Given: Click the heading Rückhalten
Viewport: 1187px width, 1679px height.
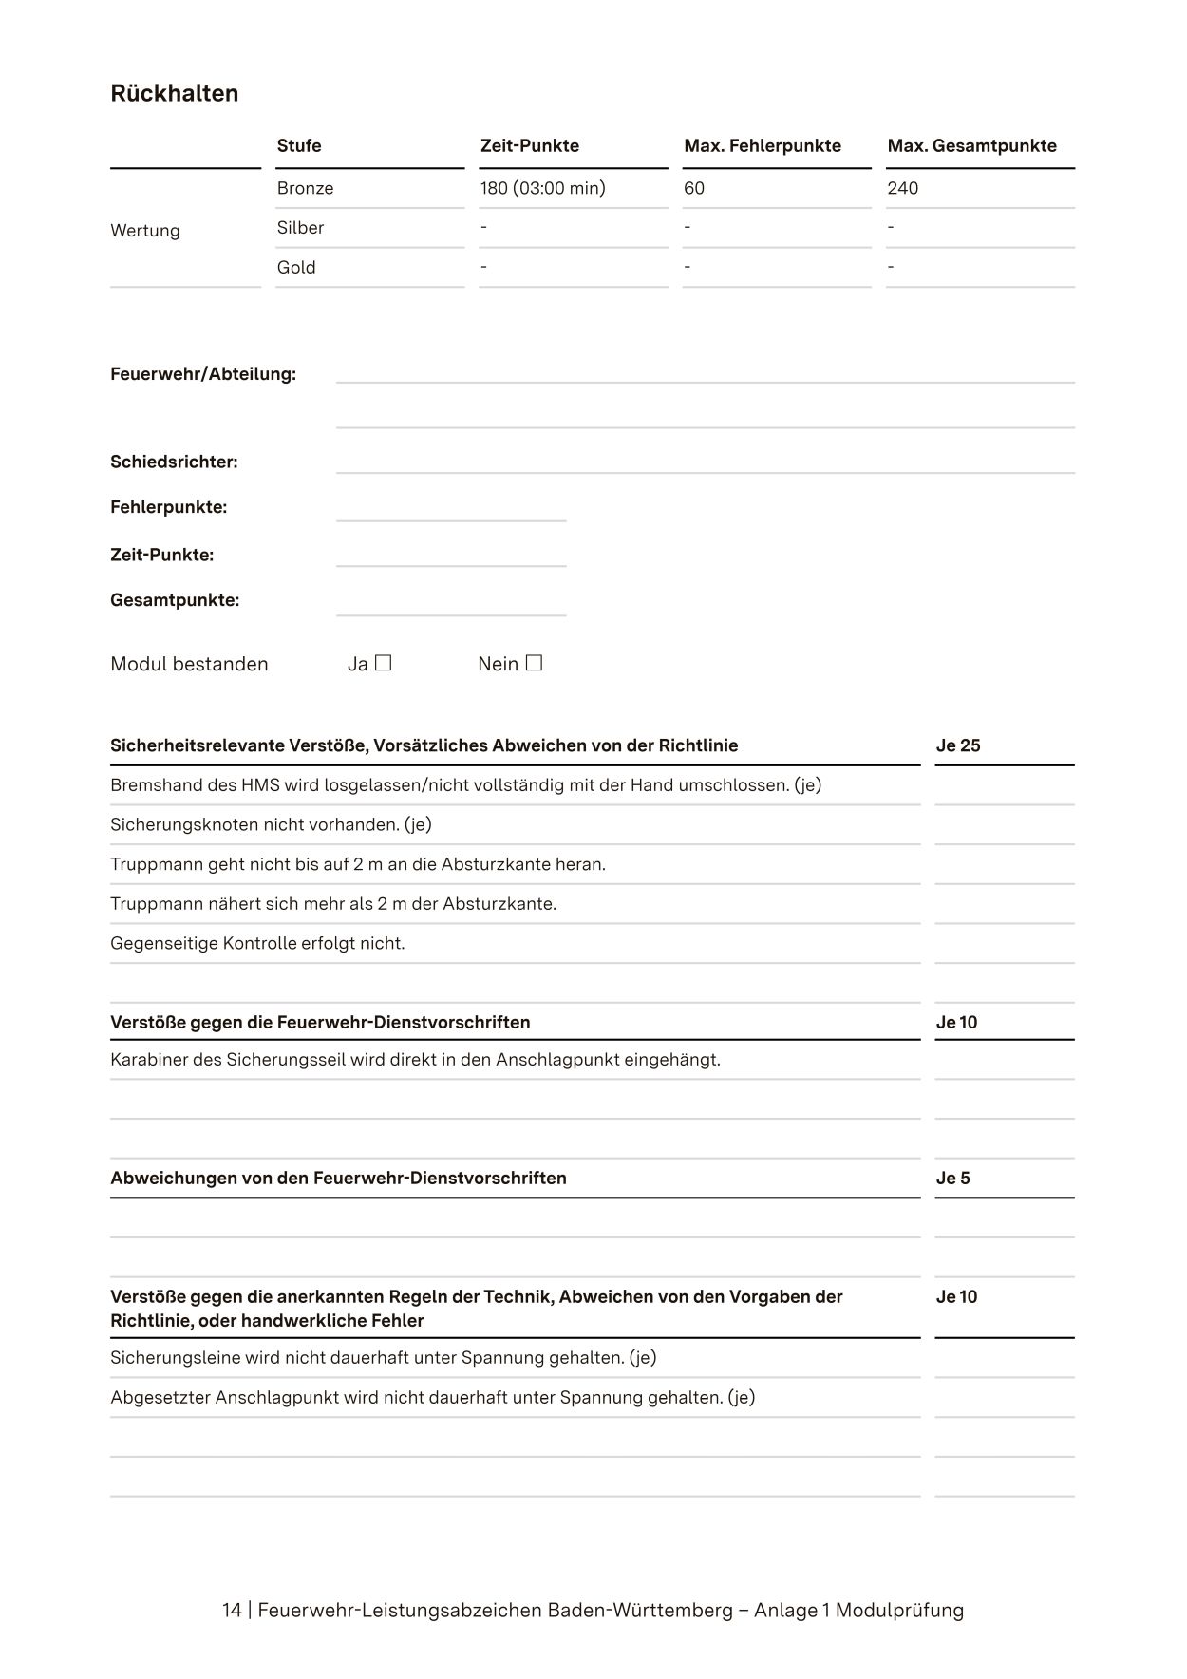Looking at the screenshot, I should click(x=174, y=93).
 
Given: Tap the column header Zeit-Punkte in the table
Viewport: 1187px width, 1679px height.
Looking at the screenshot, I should click(x=529, y=145).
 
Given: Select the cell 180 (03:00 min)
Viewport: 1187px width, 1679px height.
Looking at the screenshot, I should click(x=542, y=188).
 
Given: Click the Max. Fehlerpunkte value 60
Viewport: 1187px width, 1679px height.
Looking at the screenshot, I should click(x=694, y=188).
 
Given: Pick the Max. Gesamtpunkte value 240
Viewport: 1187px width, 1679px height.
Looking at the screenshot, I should click(x=902, y=188).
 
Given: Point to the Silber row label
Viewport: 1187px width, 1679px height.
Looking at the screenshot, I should click(x=300, y=228).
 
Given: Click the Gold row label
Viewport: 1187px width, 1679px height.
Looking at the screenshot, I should click(x=296, y=268).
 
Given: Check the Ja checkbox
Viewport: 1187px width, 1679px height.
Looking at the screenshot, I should click(x=383, y=663).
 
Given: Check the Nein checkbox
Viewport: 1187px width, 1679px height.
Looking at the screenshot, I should click(x=534, y=663).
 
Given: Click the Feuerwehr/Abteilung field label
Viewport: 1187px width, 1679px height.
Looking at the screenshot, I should click(x=203, y=374).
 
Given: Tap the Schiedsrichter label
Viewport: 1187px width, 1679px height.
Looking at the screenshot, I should click(x=174, y=462).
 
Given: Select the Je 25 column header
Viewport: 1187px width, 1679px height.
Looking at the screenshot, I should click(x=958, y=745).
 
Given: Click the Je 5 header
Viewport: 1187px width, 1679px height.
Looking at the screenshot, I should click(x=952, y=1179).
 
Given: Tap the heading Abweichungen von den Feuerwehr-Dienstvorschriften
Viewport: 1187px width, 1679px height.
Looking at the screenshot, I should click(x=338, y=1179).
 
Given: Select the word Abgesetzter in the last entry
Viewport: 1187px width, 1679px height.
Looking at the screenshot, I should click(x=160, y=1398).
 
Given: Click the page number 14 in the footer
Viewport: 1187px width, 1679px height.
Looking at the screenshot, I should click(x=232, y=1611).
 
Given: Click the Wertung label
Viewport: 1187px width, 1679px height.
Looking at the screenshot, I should click(x=145, y=231).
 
